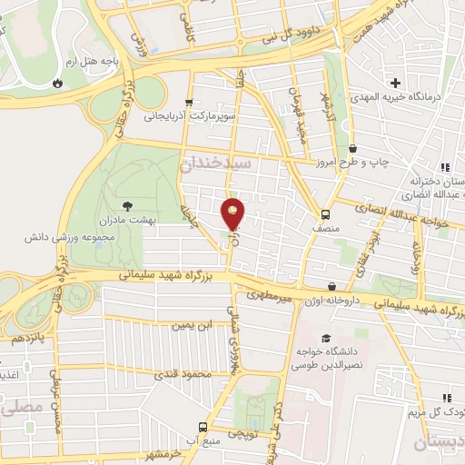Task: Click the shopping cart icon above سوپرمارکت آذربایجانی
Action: pyautogui.click(x=188, y=103)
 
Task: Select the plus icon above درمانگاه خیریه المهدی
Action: pyautogui.click(x=396, y=84)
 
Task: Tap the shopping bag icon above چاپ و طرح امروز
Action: pyautogui.click(x=352, y=149)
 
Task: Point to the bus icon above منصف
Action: pyautogui.click(x=325, y=215)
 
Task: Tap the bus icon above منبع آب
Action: pyautogui.click(x=203, y=427)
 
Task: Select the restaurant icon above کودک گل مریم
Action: pyautogui.click(x=446, y=398)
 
